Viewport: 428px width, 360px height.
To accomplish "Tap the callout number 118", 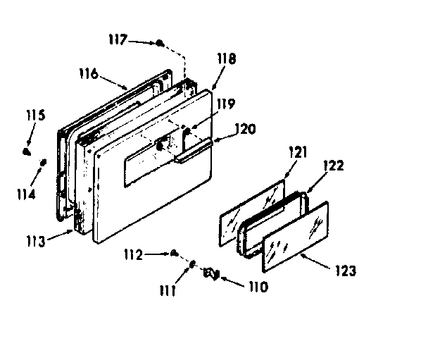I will (x=227, y=59).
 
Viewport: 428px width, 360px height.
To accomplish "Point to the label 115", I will (x=36, y=115).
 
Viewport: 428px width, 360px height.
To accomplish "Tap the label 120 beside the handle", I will (x=246, y=129).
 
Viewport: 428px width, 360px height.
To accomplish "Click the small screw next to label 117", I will (x=160, y=44).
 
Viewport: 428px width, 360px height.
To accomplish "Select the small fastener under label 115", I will (x=27, y=150).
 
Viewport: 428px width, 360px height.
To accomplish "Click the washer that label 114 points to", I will (x=43, y=163).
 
